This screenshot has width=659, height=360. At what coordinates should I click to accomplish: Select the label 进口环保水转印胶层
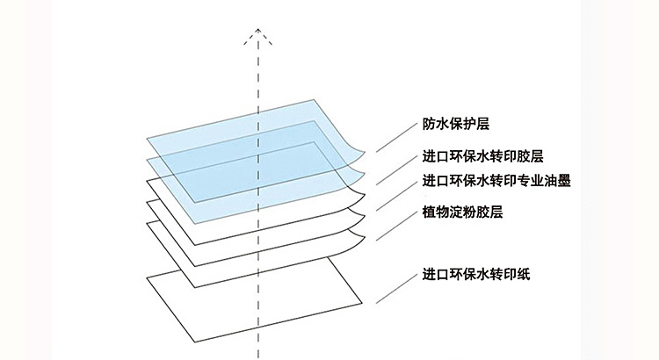pos(482,157)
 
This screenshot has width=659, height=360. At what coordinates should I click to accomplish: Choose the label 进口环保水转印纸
pos(475,274)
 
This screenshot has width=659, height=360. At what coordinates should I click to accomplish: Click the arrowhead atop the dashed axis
pos(257,33)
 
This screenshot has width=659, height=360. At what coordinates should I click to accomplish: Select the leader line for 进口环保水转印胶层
pos(395,169)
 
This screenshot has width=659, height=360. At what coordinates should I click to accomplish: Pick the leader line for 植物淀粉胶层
pos(395,224)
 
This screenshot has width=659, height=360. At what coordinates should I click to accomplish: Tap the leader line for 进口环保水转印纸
pos(395,287)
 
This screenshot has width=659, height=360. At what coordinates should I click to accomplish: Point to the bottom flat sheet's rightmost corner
pos(362,302)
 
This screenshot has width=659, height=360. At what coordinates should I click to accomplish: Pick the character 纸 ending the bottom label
pos(524,274)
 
